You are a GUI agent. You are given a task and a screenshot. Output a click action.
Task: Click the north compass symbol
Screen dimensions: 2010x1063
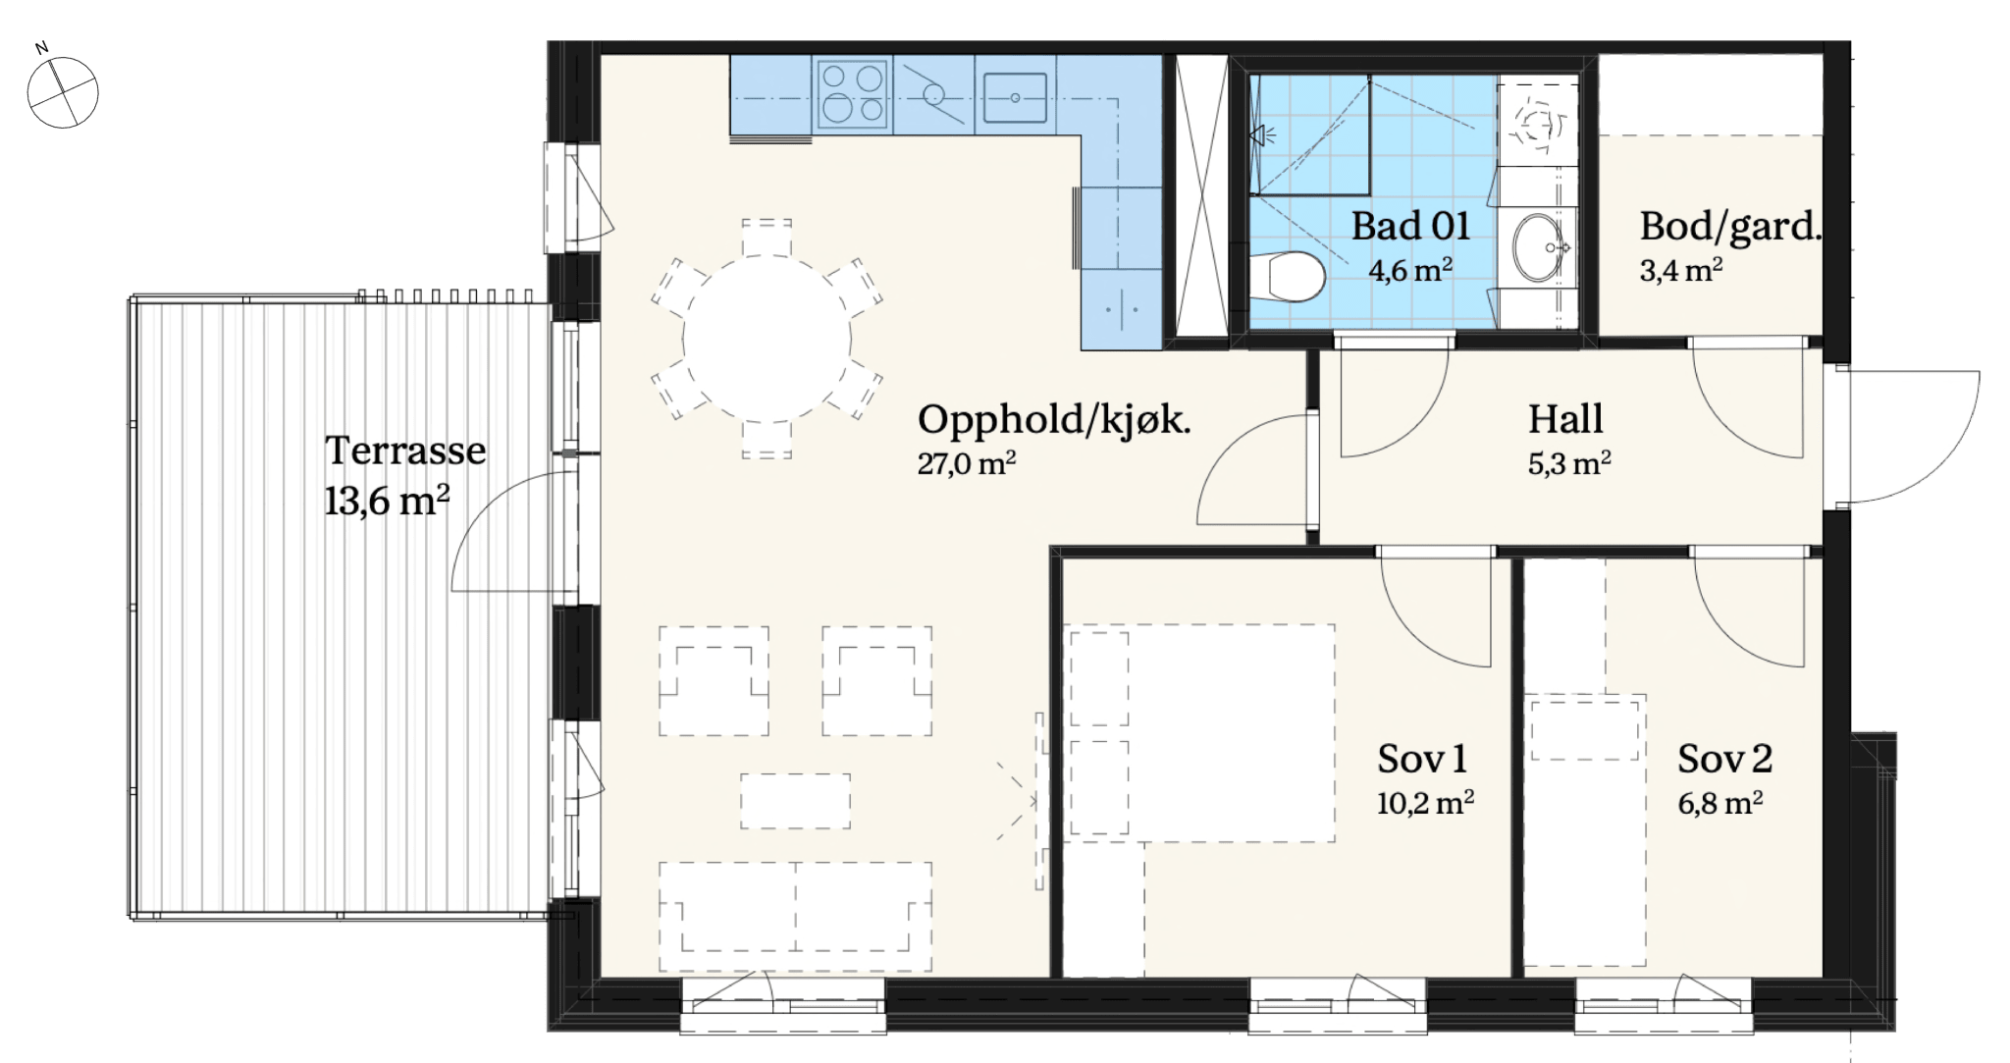pyautogui.click(x=62, y=90)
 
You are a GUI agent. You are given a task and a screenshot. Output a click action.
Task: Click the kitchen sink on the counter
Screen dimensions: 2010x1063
pyautogui.click(x=1015, y=97)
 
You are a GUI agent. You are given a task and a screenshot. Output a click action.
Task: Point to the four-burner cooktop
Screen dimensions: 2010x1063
pyautogui.click(x=852, y=94)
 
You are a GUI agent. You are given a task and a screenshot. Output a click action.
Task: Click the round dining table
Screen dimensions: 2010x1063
pyautogui.click(x=767, y=340)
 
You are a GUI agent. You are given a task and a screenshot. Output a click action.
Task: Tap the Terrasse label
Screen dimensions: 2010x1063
pyautogui.click(x=405, y=451)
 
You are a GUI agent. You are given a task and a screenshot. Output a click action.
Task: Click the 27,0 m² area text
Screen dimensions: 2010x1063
pyautogui.click(x=967, y=463)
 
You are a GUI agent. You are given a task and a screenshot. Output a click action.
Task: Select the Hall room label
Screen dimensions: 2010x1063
pyautogui.click(x=1565, y=419)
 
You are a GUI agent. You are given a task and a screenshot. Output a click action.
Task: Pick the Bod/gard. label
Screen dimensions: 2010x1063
pyautogui.click(x=1730, y=227)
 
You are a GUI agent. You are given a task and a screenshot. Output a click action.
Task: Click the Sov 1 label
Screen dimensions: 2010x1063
pyautogui.click(x=1422, y=759)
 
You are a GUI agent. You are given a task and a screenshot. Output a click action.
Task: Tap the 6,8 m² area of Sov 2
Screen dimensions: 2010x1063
pyautogui.click(x=1719, y=803)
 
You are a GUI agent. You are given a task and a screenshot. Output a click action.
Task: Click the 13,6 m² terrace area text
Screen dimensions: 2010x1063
pyautogui.click(x=387, y=502)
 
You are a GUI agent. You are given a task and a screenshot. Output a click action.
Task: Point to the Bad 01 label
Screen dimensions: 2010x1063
pyautogui.click(x=1410, y=226)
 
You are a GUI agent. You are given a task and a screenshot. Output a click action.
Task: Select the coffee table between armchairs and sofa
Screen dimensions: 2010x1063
pyautogui.click(x=795, y=801)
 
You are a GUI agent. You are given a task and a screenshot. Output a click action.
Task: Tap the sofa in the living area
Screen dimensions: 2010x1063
pyautogui.click(x=795, y=916)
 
